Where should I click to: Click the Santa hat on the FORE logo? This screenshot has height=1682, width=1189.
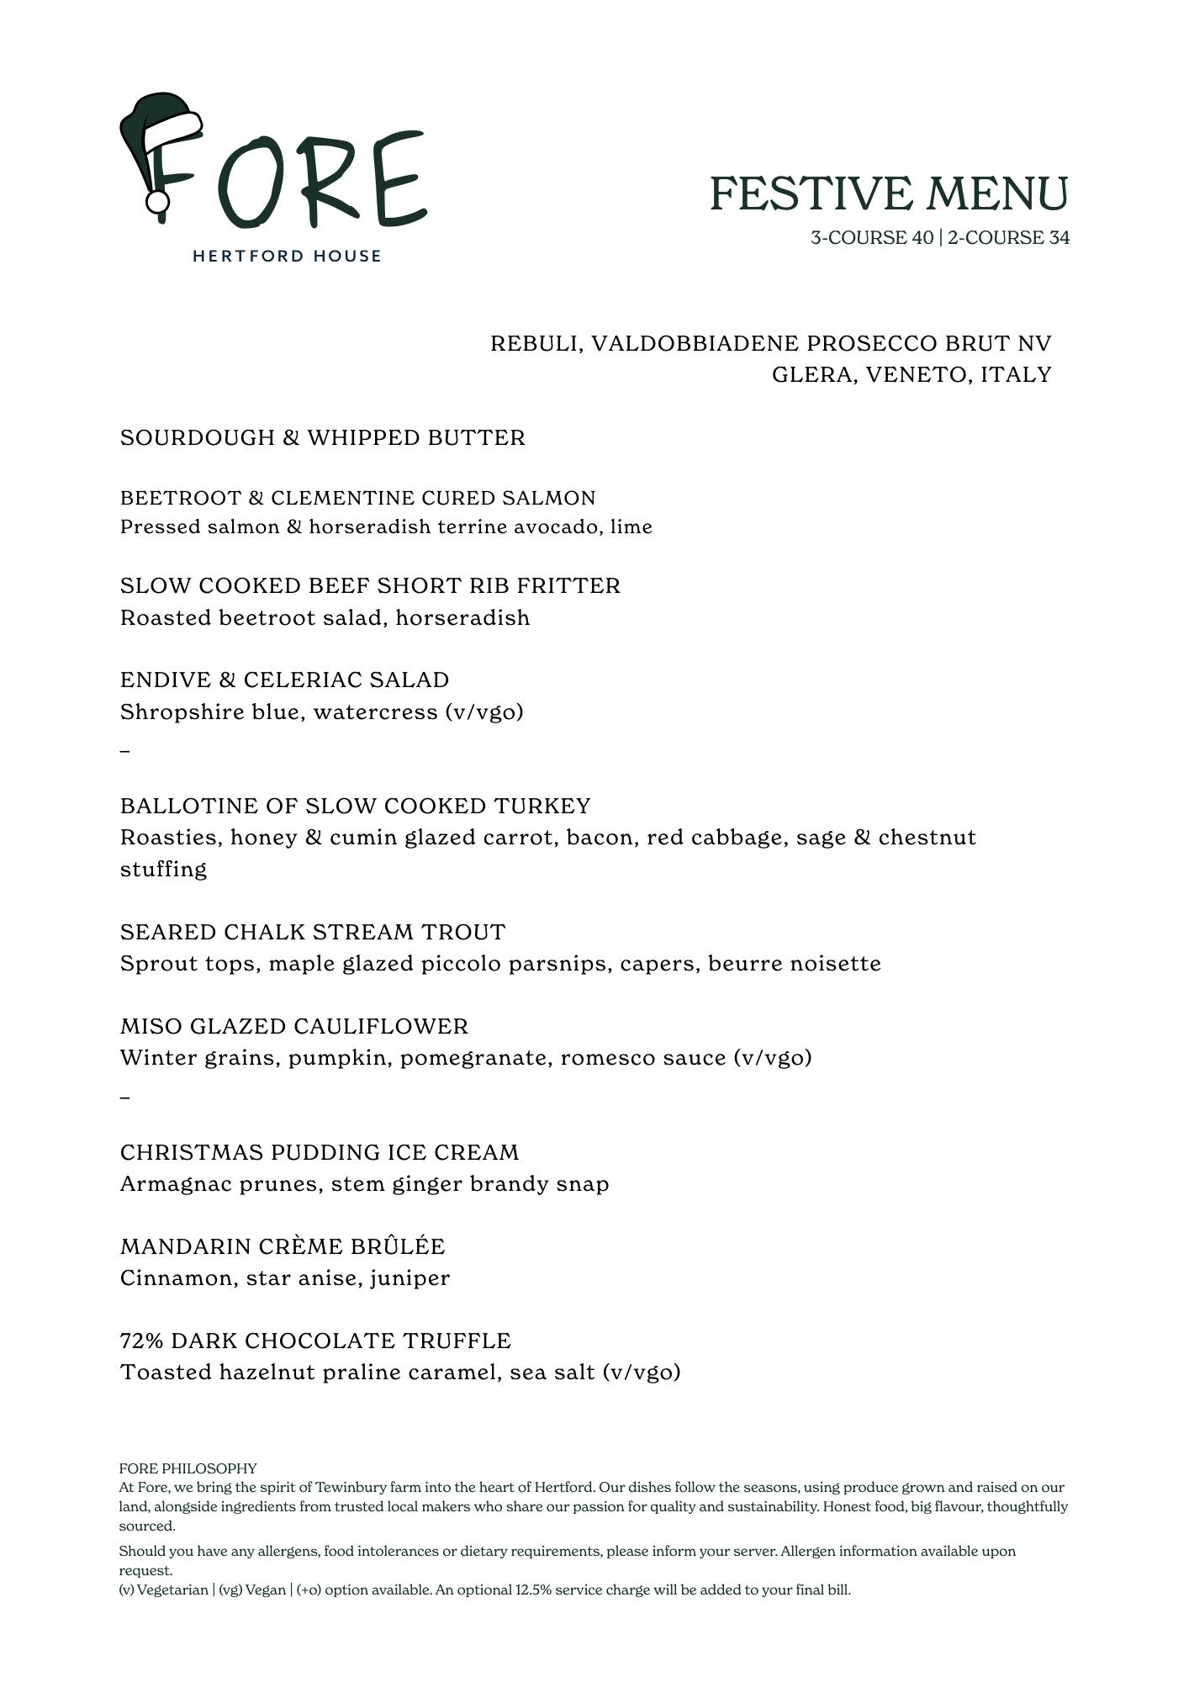click(x=160, y=126)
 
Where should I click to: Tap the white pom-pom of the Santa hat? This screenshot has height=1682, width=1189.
click(x=157, y=203)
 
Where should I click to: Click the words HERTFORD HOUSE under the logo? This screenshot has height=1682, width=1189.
click(x=287, y=256)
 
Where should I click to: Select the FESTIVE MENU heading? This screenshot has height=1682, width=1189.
click(x=889, y=193)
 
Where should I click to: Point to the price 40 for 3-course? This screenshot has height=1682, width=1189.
click(x=922, y=238)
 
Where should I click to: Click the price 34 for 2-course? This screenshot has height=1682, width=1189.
click(x=1059, y=238)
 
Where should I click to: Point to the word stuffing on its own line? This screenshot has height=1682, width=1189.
click(x=163, y=870)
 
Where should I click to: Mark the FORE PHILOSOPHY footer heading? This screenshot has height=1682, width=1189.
click(x=188, y=1468)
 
